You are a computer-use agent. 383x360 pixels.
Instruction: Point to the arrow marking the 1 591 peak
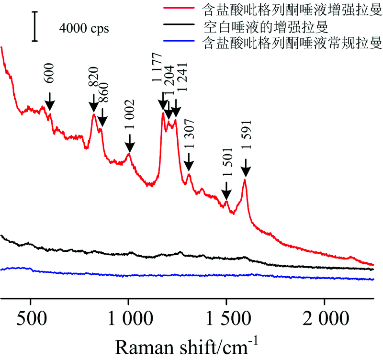(x=245, y=168)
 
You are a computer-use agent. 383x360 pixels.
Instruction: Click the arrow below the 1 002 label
(x=129, y=142)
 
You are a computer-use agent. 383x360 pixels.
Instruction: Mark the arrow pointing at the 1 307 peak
(x=188, y=161)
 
